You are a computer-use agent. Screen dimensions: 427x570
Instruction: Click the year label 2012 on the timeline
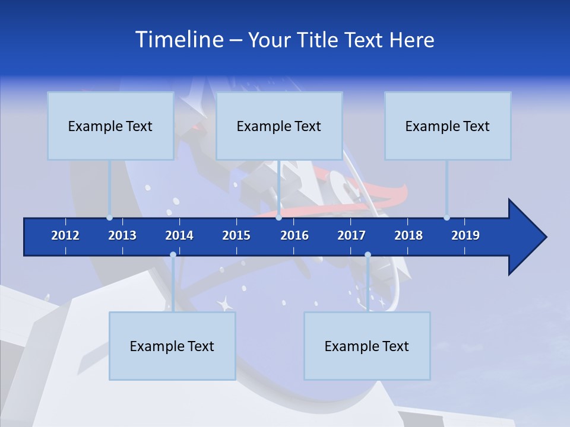(x=65, y=235)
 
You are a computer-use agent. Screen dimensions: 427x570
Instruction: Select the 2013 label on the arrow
(x=122, y=235)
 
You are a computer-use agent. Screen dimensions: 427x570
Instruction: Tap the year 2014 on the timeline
(x=179, y=235)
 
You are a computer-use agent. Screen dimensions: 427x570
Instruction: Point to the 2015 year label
(x=236, y=235)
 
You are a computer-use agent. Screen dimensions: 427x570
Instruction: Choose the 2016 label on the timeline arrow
(x=294, y=235)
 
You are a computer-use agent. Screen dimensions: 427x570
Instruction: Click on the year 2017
(x=351, y=235)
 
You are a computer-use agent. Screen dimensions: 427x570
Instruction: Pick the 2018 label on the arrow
(x=408, y=235)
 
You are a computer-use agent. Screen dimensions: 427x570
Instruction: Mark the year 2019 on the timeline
(x=465, y=235)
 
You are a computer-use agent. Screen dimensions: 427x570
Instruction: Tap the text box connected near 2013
(x=110, y=126)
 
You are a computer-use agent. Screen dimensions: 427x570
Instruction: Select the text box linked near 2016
(x=279, y=126)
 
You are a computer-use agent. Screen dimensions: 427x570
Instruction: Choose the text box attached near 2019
(x=448, y=126)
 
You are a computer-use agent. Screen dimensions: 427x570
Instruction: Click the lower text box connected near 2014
(x=172, y=346)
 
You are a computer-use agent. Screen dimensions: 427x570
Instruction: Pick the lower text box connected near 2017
(x=367, y=346)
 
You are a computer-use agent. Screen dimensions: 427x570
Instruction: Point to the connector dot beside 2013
(x=109, y=218)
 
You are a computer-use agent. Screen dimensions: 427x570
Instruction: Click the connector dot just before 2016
(x=278, y=218)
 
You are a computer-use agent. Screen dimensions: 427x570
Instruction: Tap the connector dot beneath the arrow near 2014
(x=173, y=255)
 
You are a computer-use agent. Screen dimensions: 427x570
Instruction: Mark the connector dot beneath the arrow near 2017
(x=368, y=255)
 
